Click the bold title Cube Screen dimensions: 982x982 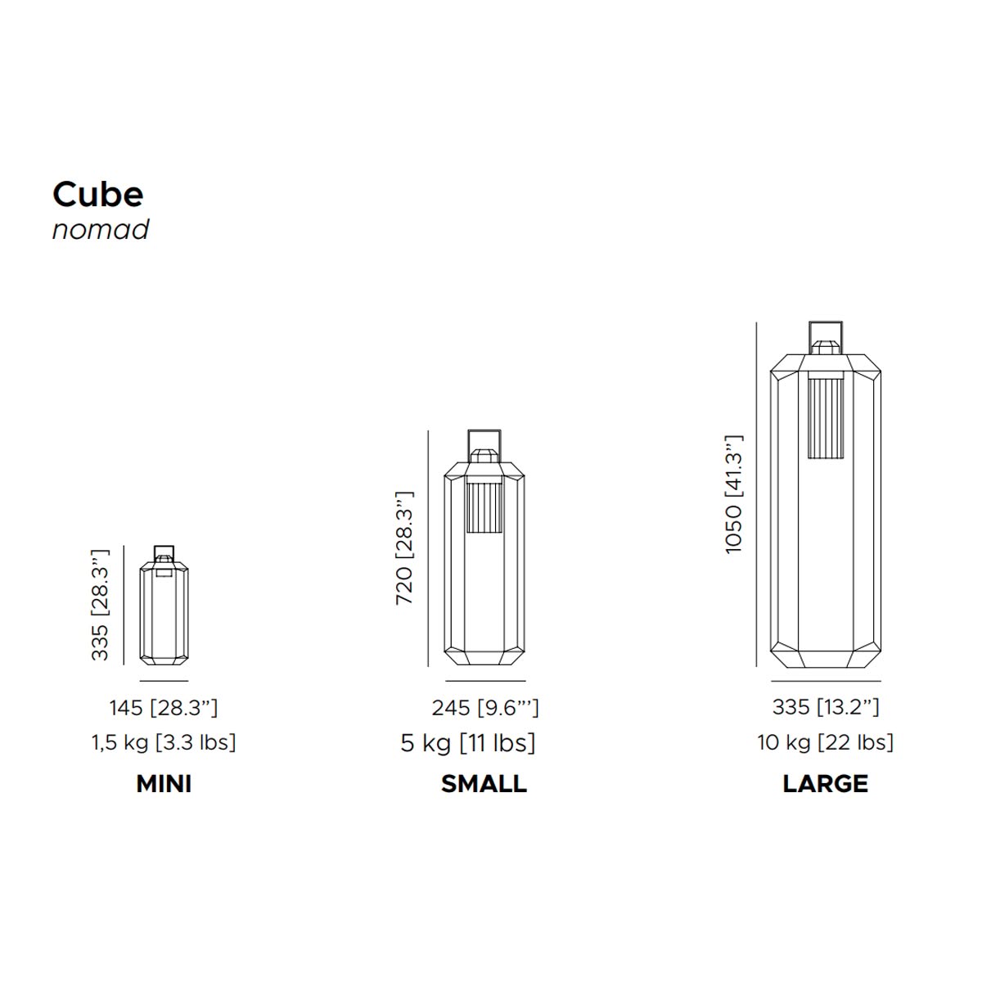point(98,194)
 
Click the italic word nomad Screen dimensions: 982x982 point(101,229)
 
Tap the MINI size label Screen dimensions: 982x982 point(164,784)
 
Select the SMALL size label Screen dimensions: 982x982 point(484,784)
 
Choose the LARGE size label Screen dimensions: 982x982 point(825,784)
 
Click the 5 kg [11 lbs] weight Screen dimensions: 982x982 point(468,743)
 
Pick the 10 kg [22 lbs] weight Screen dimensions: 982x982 point(825,742)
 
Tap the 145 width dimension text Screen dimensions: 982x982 point(164,708)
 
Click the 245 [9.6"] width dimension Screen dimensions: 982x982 point(485,708)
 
